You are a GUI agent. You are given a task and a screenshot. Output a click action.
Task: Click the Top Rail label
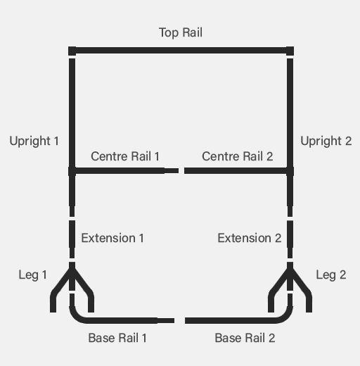pyautogui.click(x=181, y=33)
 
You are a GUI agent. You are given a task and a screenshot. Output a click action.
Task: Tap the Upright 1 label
pyautogui.click(x=34, y=141)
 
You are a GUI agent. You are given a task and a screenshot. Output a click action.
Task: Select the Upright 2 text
pyautogui.click(x=326, y=141)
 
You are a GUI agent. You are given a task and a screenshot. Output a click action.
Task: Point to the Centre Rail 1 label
pyautogui.click(x=125, y=156)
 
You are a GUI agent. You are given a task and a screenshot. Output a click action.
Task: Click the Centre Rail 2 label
pyautogui.click(x=238, y=156)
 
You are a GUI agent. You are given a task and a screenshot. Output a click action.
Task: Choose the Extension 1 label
pyautogui.click(x=112, y=238)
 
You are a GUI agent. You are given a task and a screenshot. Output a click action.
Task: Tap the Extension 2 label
pyautogui.click(x=250, y=238)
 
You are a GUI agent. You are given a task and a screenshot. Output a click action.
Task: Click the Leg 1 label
pyautogui.click(x=32, y=275)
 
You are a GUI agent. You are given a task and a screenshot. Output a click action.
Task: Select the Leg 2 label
pyautogui.click(x=331, y=275)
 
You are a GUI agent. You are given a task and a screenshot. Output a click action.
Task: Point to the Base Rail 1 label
pyautogui.click(x=117, y=338)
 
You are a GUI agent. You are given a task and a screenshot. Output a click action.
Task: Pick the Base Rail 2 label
pyautogui.click(x=245, y=338)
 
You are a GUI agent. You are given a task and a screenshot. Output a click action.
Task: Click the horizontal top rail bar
pyautogui.click(x=181, y=51)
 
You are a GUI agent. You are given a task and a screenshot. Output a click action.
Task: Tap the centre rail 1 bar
pyautogui.click(x=124, y=171)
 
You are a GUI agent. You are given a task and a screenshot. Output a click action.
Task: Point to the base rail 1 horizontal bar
pyautogui.click(x=122, y=320)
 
